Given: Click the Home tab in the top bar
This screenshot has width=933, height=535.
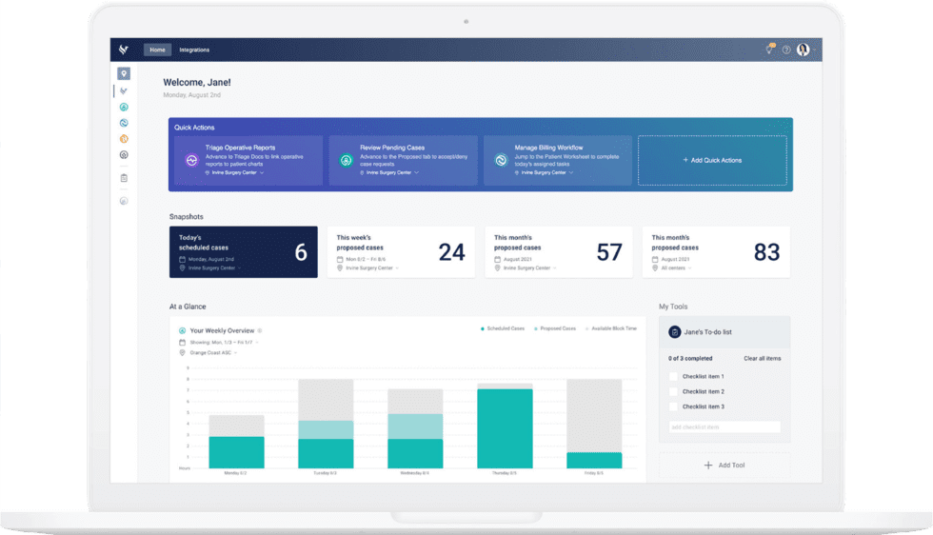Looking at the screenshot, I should click(157, 50).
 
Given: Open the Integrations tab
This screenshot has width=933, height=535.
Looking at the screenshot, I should click(194, 50).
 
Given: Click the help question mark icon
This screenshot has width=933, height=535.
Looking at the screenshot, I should click(786, 50).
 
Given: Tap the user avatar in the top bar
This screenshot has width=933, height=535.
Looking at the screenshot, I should click(803, 50).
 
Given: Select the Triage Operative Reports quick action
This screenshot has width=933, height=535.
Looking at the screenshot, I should click(248, 160).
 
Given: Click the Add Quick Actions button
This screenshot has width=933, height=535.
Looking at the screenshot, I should click(712, 160).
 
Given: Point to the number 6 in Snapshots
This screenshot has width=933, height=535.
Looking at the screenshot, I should click(301, 252).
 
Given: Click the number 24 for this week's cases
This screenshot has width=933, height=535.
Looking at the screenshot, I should click(451, 252).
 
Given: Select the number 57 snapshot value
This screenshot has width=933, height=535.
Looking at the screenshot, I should click(608, 252).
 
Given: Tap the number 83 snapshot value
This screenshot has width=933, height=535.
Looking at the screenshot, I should click(766, 252).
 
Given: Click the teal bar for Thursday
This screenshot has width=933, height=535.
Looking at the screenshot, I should click(505, 428).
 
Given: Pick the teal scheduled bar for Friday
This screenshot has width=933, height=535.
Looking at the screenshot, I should click(594, 460).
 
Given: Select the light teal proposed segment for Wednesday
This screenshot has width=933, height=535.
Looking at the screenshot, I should click(414, 426).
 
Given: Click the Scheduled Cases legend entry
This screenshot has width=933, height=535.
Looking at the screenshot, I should click(503, 328).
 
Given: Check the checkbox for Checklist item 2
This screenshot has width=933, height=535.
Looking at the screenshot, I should click(673, 391).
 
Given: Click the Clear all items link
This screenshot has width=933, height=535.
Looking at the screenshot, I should click(762, 358).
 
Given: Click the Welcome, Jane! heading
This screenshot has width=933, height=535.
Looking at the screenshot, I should click(197, 83).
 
